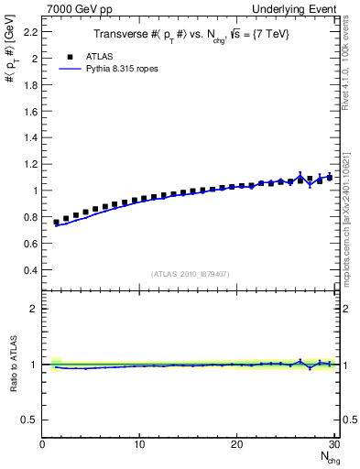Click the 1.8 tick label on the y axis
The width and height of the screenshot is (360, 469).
(29, 84)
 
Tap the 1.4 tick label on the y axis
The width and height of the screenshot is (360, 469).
(29, 137)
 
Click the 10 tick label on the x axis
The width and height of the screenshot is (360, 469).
(139, 444)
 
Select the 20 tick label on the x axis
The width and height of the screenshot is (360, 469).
(236, 444)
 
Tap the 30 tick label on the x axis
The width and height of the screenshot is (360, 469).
(333, 444)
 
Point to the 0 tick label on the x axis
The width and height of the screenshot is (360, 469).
(43, 444)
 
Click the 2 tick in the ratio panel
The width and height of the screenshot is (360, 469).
(33, 309)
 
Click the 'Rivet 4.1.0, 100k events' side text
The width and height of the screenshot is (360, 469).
(347, 55)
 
